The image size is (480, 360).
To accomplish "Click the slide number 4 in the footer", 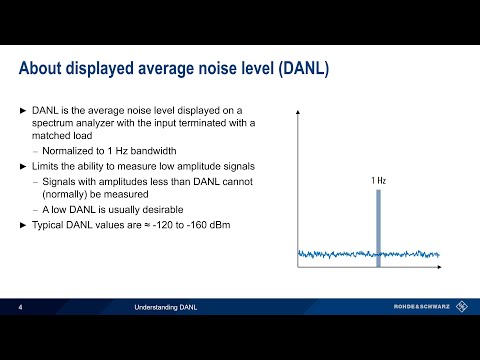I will tap(21, 307).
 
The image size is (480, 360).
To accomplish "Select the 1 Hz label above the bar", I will tap(377, 181).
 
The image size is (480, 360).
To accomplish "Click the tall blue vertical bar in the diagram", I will tap(377, 226).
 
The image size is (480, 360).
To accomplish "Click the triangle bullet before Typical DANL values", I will tap(23, 225).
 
